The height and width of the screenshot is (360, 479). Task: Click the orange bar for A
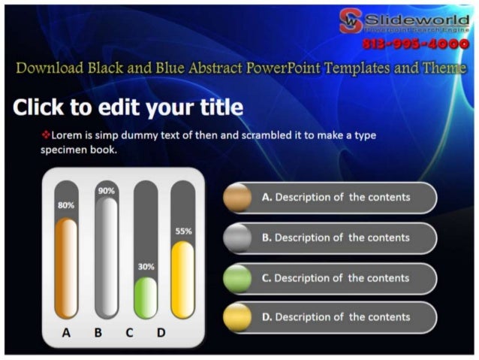coord(66,268)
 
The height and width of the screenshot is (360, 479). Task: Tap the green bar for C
coord(145,298)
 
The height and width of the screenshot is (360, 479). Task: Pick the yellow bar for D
coord(182,280)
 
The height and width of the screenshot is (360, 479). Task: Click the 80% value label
coord(66,204)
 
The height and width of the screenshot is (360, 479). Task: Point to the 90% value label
coord(107,191)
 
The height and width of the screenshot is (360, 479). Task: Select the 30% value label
coord(145,266)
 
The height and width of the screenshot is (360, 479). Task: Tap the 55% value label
coord(183,231)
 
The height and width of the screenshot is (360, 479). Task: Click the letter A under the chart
coord(66,332)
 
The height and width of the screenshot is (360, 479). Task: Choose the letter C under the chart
coord(129,332)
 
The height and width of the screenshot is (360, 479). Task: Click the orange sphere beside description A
coord(237,198)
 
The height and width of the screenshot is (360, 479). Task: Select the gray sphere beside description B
coord(237,237)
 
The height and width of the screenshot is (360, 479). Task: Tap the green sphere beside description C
coord(237,278)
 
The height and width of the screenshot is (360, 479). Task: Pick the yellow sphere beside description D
coord(237,317)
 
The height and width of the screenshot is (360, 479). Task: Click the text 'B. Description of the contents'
coord(336,237)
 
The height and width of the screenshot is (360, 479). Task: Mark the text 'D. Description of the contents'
coord(336,317)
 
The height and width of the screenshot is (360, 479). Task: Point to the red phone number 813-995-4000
coord(415,44)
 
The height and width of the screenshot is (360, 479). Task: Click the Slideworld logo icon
coord(350,22)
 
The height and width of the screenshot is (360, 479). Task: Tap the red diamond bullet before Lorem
coord(45,135)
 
